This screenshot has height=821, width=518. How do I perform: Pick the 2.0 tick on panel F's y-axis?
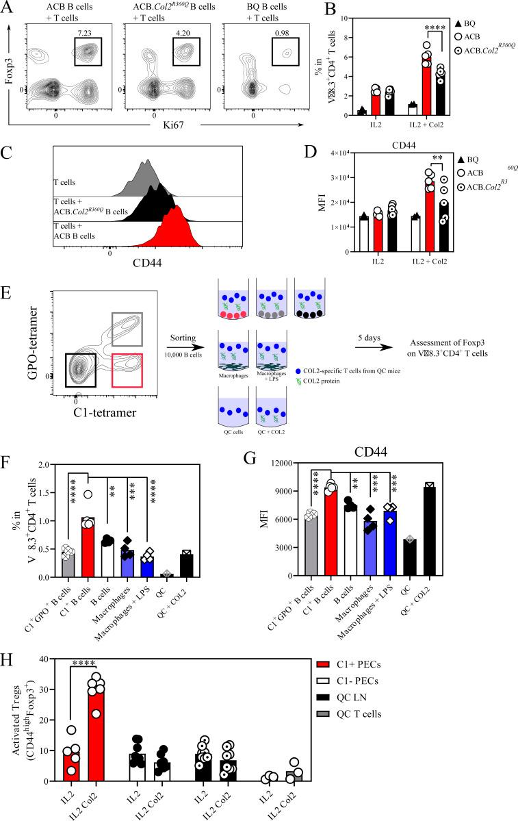(x=42, y=465)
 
